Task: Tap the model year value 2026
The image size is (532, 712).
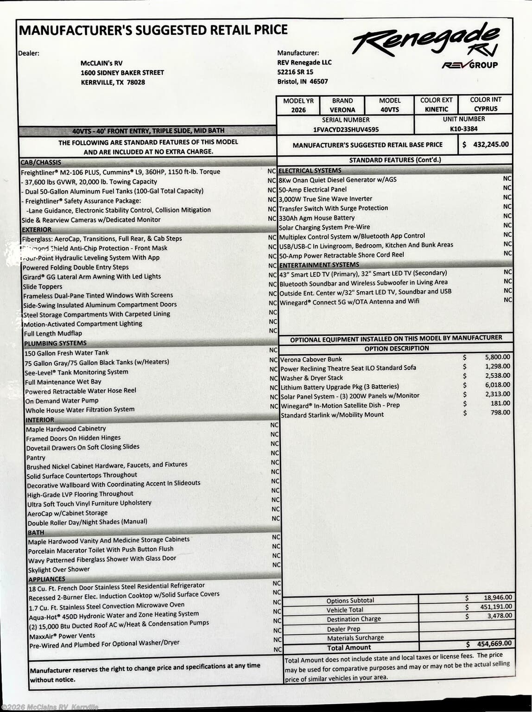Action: click(x=298, y=110)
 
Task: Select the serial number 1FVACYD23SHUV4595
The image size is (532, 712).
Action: click(x=346, y=130)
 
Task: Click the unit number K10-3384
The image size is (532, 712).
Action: click(x=463, y=129)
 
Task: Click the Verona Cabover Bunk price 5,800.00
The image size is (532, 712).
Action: click(x=497, y=357)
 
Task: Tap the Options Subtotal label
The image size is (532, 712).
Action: click(x=350, y=601)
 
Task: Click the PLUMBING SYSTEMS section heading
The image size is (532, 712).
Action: click(x=55, y=343)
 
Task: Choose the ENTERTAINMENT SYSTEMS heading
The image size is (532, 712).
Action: click(x=319, y=265)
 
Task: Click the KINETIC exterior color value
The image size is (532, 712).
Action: click(x=437, y=109)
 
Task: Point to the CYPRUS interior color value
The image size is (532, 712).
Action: click(x=485, y=109)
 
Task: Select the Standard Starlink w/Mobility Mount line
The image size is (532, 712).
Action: click(x=332, y=415)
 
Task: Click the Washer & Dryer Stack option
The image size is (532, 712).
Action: click(x=311, y=378)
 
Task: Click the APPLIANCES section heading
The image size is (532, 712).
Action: click(x=47, y=579)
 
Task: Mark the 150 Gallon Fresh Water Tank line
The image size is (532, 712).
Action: click(x=67, y=353)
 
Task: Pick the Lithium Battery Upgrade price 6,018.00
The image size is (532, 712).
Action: click(x=497, y=385)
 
